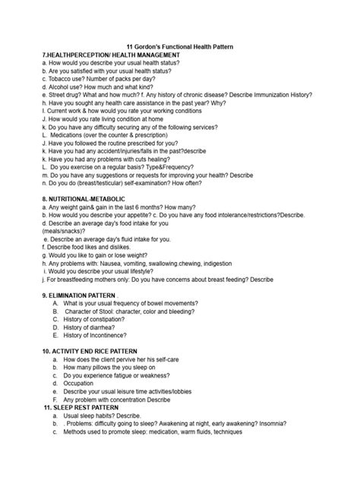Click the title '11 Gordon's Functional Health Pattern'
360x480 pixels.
pyautogui.click(x=179, y=47)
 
